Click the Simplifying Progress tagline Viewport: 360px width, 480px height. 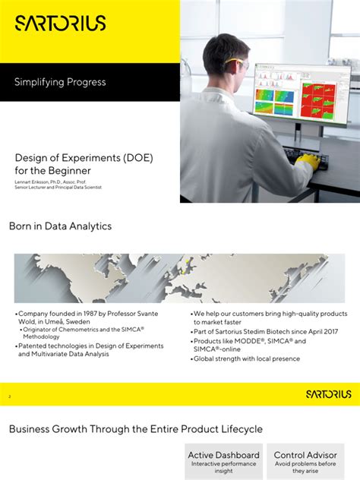click(60, 82)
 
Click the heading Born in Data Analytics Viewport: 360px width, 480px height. click(60, 226)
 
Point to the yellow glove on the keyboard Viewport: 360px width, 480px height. click(307, 161)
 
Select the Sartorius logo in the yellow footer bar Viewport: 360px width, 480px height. click(328, 394)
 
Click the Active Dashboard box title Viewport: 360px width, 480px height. click(223, 455)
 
